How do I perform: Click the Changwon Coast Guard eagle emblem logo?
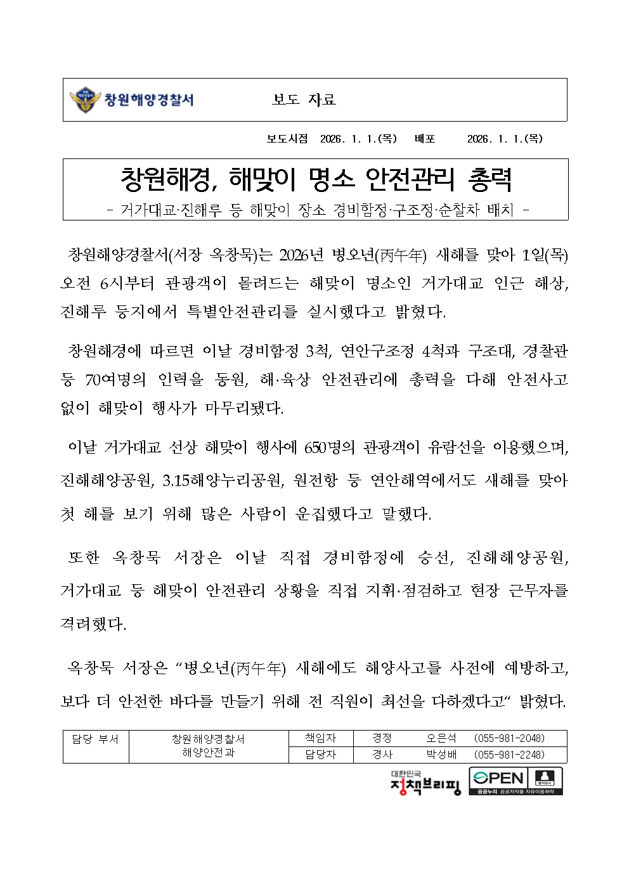pos(84,100)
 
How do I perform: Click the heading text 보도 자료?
pos(304,100)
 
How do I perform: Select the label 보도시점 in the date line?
pos(287,139)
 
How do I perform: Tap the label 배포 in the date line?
pos(425,139)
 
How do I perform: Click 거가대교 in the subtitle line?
pos(148,210)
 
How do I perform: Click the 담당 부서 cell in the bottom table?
pos(95,739)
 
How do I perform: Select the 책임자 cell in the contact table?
pos(320,738)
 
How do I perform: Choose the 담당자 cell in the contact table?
pos(320,755)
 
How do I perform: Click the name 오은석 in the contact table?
pos(441,738)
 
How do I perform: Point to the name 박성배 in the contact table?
pos(441,755)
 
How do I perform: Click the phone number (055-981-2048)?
pos(510,738)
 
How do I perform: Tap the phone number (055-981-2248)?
pos(510,755)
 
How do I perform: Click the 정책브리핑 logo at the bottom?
pos(425,783)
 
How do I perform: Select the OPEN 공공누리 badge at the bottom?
pos(516,781)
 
